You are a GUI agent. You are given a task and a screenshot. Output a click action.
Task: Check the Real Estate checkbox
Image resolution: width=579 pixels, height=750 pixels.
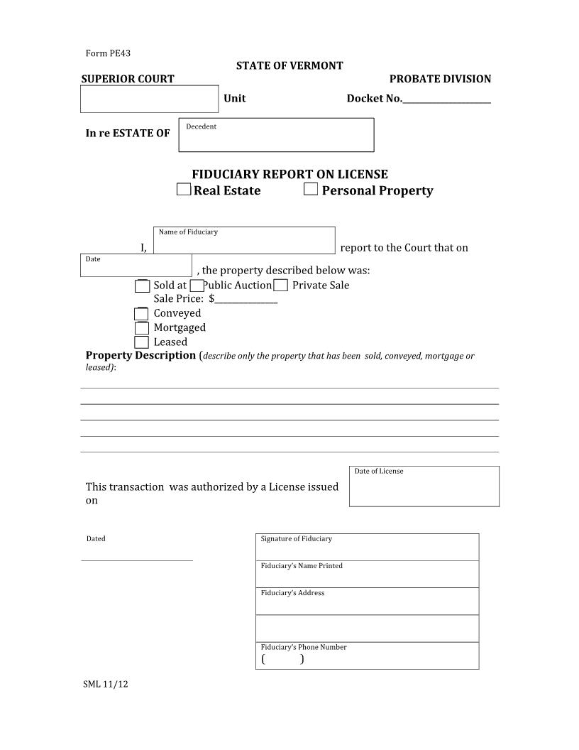(184, 190)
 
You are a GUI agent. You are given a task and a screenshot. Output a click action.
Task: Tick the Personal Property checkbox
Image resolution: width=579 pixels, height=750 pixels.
(310, 189)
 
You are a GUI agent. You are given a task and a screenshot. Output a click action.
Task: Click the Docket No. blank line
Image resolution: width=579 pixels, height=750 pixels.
(446, 99)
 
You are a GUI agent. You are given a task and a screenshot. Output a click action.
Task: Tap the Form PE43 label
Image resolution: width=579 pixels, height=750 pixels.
(108, 53)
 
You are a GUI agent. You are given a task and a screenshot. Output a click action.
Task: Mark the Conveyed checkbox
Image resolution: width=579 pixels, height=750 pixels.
(142, 313)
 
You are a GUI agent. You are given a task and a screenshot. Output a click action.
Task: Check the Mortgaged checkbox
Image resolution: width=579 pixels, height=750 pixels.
(142, 327)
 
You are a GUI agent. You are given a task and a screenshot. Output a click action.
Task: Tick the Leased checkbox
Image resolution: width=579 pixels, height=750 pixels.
(142, 342)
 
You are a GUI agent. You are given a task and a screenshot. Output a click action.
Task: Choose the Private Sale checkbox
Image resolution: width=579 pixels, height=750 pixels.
(280, 286)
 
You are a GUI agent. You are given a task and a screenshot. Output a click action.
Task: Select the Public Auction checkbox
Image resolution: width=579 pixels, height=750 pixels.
(197, 286)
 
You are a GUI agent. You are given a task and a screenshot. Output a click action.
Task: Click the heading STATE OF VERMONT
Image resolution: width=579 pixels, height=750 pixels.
(289, 65)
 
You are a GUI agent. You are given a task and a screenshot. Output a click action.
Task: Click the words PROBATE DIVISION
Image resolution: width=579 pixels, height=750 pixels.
(440, 79)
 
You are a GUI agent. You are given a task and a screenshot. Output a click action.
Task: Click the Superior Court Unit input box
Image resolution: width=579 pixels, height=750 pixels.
(149, 99)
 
